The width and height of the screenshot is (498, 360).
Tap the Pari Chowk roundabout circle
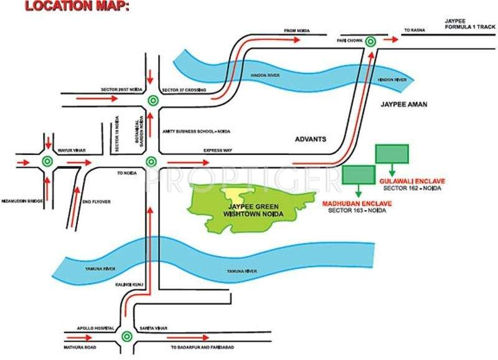(x=371, y=41)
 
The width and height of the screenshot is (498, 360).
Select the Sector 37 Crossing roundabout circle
(x=152, y=100)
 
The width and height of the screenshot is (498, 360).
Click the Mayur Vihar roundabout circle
(x=46, y=161)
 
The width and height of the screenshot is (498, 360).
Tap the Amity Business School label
(x=187, y=131)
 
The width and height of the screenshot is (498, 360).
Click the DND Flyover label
(x=94, y=201)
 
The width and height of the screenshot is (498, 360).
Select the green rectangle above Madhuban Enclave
(x=359, y=174)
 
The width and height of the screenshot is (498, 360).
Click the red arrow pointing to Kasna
(x=391, y=39)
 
